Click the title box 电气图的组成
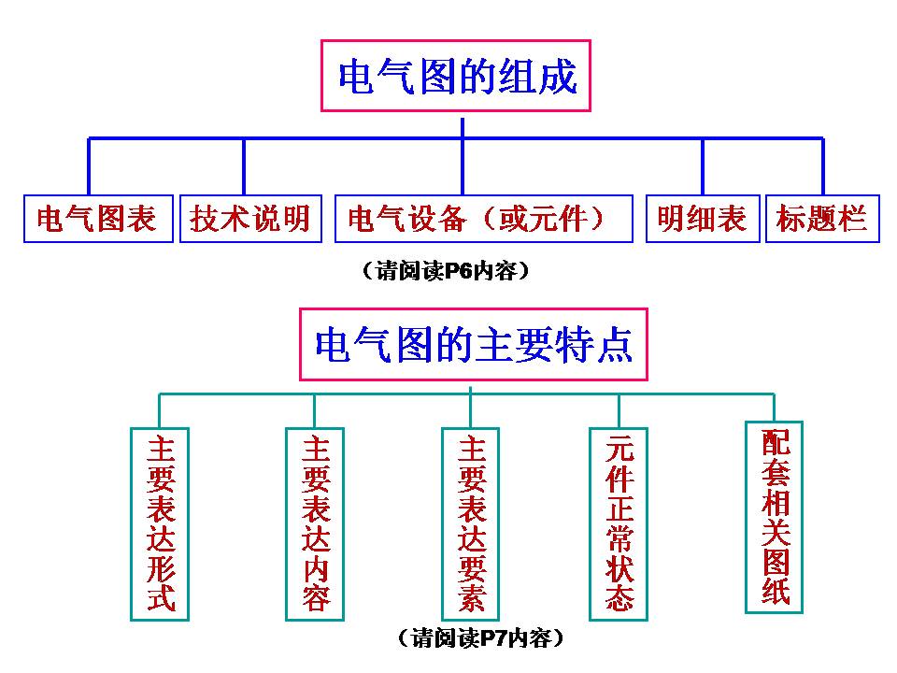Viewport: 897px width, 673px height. [x=457, y=77]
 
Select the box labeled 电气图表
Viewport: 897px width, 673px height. [x=98, y=219]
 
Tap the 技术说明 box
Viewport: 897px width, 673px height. [x=249, y=219]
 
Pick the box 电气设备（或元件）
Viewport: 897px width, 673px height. [x=477, y=219]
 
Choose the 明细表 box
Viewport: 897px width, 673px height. [x=703, y=219]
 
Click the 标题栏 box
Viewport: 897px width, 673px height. [x=822, y=219]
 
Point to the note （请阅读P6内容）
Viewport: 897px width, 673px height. [x=445, y=272]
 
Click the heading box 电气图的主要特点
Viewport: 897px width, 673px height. [x=473, y=345]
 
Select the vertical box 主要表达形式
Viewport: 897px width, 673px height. [x=160, y=523]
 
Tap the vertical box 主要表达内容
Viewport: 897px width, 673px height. [x=315, y=523]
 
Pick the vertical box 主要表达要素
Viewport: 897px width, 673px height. [x=471, y=523]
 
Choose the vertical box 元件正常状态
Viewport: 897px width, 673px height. [x=619, y=523]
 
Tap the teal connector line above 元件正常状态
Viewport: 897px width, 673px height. [x=619, y=411]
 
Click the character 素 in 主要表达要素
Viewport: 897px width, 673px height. [x=471, y=595]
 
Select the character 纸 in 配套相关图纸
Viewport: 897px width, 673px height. [x=775, y=591]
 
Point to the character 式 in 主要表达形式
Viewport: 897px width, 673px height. [x=160, y=595]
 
